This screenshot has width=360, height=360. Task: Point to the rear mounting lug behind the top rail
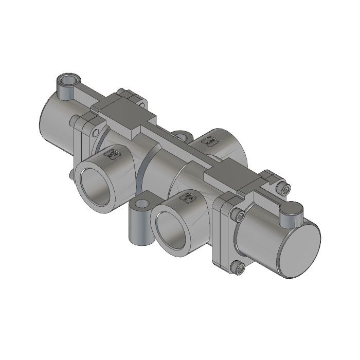point(181,136)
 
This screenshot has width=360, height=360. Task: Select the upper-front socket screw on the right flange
point(238,215)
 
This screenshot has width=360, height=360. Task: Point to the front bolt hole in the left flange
point(95,133)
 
